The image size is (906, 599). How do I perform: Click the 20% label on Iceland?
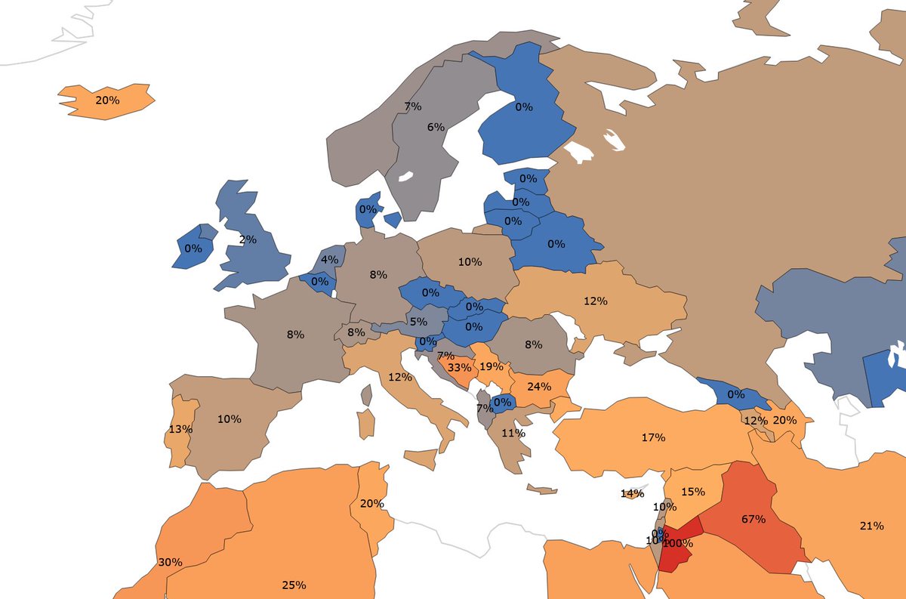coord(107,100)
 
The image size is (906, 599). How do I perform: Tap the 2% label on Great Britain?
coord(248,239)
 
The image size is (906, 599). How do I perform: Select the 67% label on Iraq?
coord(753,519)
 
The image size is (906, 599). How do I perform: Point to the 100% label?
coord(678,543)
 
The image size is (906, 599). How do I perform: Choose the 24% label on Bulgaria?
coord(538,386)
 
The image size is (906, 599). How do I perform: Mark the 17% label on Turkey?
coord(653,437)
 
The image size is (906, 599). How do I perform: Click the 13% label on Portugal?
coord(180,429)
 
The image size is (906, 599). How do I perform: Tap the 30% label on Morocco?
coord(170,562)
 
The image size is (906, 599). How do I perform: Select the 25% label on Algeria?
coord(294,585)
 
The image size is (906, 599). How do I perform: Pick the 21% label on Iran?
coord(871,526)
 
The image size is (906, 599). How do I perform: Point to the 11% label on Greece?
coord(513,434)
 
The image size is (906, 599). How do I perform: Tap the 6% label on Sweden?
coord(436,127)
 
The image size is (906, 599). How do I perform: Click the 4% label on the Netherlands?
coord(329,260)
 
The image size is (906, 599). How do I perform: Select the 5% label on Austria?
coord(418,320)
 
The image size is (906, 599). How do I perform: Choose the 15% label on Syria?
coord(692,491)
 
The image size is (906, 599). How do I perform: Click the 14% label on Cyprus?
coord(632,493)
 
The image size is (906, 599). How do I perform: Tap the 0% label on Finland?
coord(524,107)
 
